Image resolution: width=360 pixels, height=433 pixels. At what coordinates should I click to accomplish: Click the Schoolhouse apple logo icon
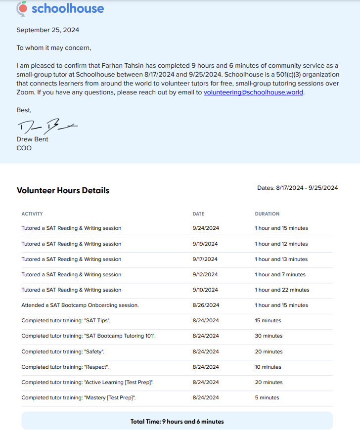[x=22, y=8]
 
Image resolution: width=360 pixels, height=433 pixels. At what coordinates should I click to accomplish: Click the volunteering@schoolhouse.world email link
[x=254, y=92]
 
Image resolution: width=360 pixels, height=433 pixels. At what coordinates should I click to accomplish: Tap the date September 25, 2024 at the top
[x=47, y=30]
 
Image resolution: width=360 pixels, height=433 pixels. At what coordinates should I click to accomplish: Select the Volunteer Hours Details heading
[x=63, y=190]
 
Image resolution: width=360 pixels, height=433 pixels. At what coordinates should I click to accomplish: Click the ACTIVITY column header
[x=32, y=214]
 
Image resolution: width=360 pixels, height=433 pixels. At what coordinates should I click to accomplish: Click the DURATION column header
[x=267, y=214]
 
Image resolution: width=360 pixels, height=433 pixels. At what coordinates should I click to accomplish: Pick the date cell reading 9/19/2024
[x=205, y=244]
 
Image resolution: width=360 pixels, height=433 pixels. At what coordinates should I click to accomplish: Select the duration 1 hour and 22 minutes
[x=282, y=290]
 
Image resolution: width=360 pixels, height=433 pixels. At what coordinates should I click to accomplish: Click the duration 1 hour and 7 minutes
[x=280, y=274]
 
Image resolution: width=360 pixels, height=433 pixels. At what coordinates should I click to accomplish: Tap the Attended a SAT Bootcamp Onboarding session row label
[x=80, y=305]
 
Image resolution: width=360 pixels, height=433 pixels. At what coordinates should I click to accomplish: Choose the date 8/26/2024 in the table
[x=205, y=305]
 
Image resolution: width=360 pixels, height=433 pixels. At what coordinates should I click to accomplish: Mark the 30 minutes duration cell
[x=269, y=336]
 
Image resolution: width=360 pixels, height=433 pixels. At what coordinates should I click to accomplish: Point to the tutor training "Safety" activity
[x=63, y=352]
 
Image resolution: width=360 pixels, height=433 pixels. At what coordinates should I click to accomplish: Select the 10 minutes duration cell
[x=268, y=367]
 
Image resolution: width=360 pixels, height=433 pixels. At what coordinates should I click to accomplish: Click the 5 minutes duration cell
[x=267, y=398]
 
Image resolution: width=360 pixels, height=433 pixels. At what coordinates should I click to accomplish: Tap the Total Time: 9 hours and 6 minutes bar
[x=177, y=422]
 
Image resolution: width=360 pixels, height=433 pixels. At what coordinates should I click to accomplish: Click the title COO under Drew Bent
[x=24, y=148]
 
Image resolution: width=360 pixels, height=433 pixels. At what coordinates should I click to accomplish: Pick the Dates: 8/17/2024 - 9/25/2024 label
[x=297, y=188]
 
